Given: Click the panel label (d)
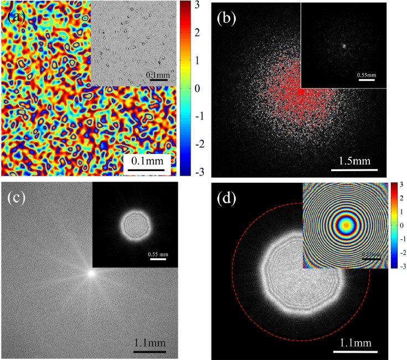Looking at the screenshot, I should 228,197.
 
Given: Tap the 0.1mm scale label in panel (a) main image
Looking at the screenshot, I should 146,162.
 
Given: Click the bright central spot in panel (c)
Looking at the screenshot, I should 92,273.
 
